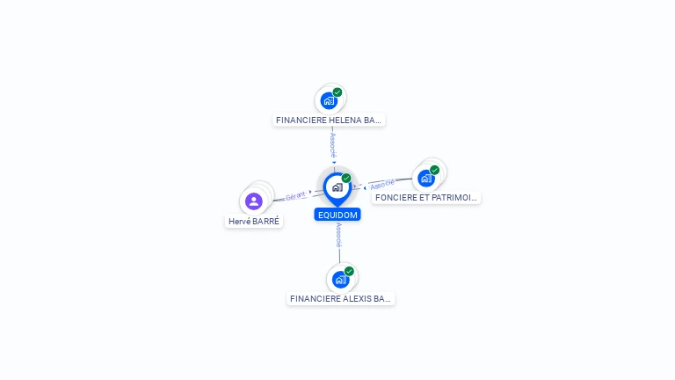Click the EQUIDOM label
point(337,215)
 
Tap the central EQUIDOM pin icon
point(337,187)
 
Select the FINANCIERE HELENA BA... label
point(329,120)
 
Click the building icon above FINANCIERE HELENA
point(328,100)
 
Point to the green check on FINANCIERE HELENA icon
point(337,92)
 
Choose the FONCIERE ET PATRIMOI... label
point(425,198)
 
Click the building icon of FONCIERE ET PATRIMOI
point(425,178)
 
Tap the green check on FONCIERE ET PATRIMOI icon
point(434,170)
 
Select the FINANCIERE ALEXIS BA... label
point(341,299)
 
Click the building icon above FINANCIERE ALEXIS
point(339,280)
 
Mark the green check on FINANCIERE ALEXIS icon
point(349,272)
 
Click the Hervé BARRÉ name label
point(254,222)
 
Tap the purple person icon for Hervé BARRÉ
point(254,201)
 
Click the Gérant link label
point(295,196)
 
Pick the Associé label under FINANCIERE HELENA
point(332,144)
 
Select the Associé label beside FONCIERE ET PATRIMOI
point(382,185)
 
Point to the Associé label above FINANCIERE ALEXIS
point(338,235)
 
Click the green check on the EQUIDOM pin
point(346,179)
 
